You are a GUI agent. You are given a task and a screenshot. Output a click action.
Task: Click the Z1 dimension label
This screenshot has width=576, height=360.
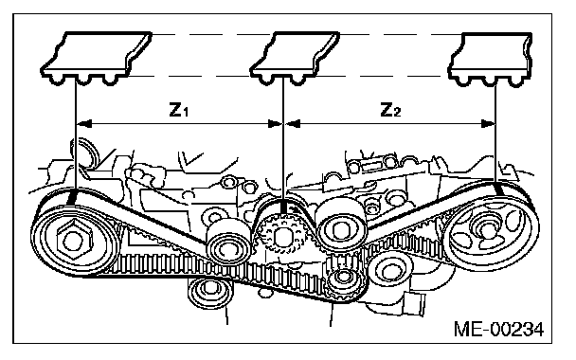[179, 110]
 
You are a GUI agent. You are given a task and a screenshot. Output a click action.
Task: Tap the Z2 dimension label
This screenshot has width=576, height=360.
[390, 110]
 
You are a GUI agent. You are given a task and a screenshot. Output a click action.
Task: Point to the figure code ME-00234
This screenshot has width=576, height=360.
[499, 329]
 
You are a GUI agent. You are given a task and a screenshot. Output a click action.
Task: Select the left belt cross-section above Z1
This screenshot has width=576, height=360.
[96, 58]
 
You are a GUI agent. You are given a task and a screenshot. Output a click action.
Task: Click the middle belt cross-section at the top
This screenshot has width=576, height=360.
[295, 58]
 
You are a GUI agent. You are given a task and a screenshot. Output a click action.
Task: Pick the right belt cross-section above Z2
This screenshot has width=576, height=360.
[491, 60]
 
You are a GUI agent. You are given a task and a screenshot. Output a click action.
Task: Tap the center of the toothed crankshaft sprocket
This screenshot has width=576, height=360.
[281, 236]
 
